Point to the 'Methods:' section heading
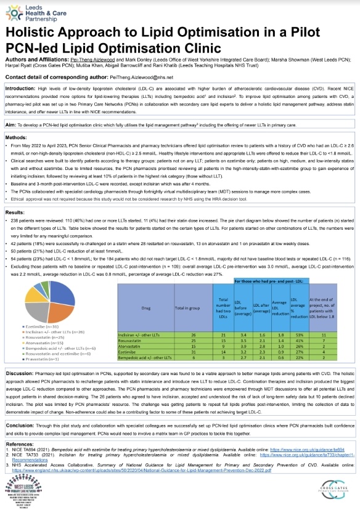(17, 137)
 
